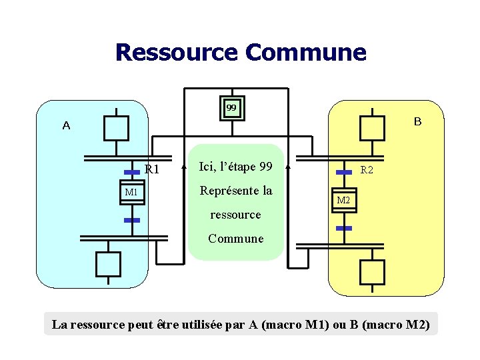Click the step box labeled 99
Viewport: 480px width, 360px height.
(x=231, y=107)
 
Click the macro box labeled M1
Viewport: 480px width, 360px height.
(x=131, y=192)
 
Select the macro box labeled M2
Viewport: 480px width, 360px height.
(x=343, y=200)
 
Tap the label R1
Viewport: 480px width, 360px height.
(x=152, y=169)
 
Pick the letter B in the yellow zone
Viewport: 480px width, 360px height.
(x=417, y=121)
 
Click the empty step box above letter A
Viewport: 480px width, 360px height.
(x=115, y=127)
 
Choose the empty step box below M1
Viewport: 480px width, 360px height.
(x=108, y=263)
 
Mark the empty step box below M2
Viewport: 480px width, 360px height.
(x=372, y=271)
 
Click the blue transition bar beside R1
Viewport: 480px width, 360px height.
(x=132, y=171)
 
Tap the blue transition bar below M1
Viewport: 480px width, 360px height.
(x=132, y=219)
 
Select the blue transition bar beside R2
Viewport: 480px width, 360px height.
(x=343, y=172)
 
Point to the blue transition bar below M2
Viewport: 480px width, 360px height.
(x=343, y=228)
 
